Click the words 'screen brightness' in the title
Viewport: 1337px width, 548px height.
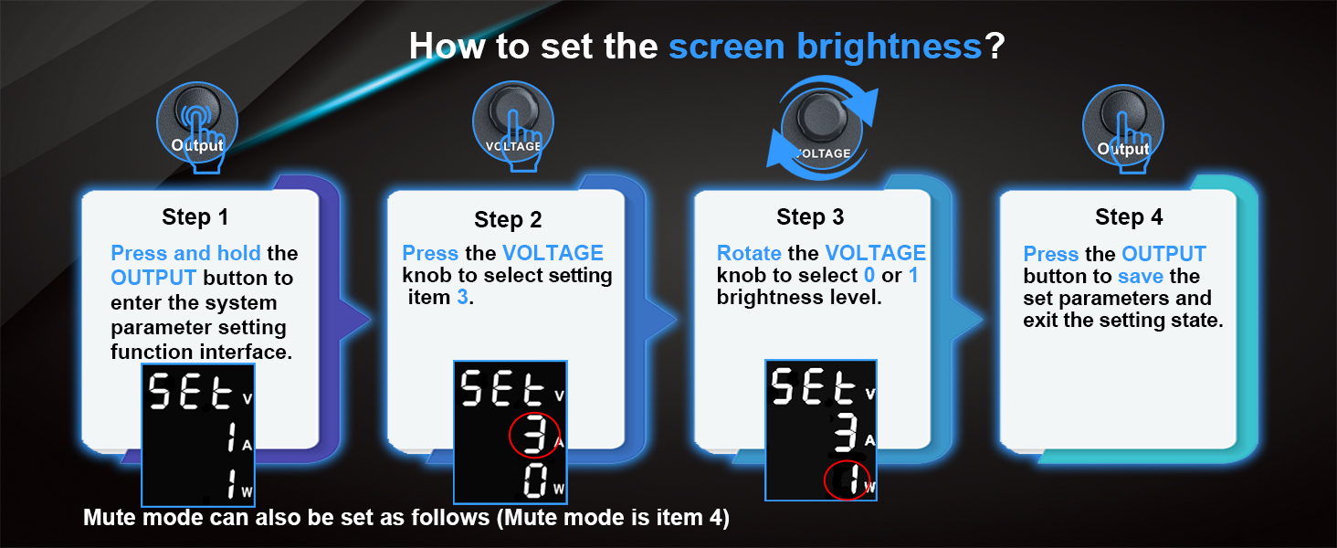point(825,47)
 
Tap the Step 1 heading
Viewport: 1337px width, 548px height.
point(195,217)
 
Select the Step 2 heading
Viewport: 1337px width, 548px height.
point(508,220)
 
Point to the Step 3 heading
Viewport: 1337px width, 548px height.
point(810,216)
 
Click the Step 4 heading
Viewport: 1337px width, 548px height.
point(1129,216)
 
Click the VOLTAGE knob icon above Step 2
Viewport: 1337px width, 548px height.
point(512,126)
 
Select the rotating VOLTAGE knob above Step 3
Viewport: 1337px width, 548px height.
point(822,128)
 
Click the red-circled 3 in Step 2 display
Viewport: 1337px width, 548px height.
point(534,435)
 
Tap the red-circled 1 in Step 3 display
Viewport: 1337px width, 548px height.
point(848,479)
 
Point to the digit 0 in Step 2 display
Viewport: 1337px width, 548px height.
point(535,481)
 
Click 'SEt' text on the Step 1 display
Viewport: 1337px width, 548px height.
point(190,392)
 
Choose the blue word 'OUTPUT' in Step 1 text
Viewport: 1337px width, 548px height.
point(153,278)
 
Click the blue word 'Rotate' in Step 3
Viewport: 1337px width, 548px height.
point(749,253)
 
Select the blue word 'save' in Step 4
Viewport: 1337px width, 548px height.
point(1141,277)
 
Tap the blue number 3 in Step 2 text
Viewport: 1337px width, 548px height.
point(463,297)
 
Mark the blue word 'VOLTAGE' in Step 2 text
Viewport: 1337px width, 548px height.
point(553,253)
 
